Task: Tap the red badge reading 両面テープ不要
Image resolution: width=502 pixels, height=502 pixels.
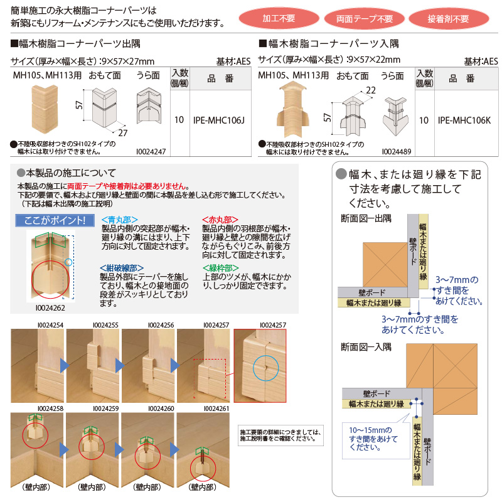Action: click(365, 18)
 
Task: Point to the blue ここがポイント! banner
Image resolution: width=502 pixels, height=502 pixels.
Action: click(54, 221)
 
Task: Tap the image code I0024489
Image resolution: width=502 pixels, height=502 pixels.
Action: click(397, 152)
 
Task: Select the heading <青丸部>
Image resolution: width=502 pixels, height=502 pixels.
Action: click(119, 220)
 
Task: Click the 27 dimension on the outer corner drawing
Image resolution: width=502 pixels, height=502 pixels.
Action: click(123, 134)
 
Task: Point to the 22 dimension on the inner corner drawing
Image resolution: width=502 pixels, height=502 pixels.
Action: click(371, 90)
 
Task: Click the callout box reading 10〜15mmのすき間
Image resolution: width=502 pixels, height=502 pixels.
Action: click(375, 439)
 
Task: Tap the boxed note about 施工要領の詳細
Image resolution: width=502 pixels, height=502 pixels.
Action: click(280, 434)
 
